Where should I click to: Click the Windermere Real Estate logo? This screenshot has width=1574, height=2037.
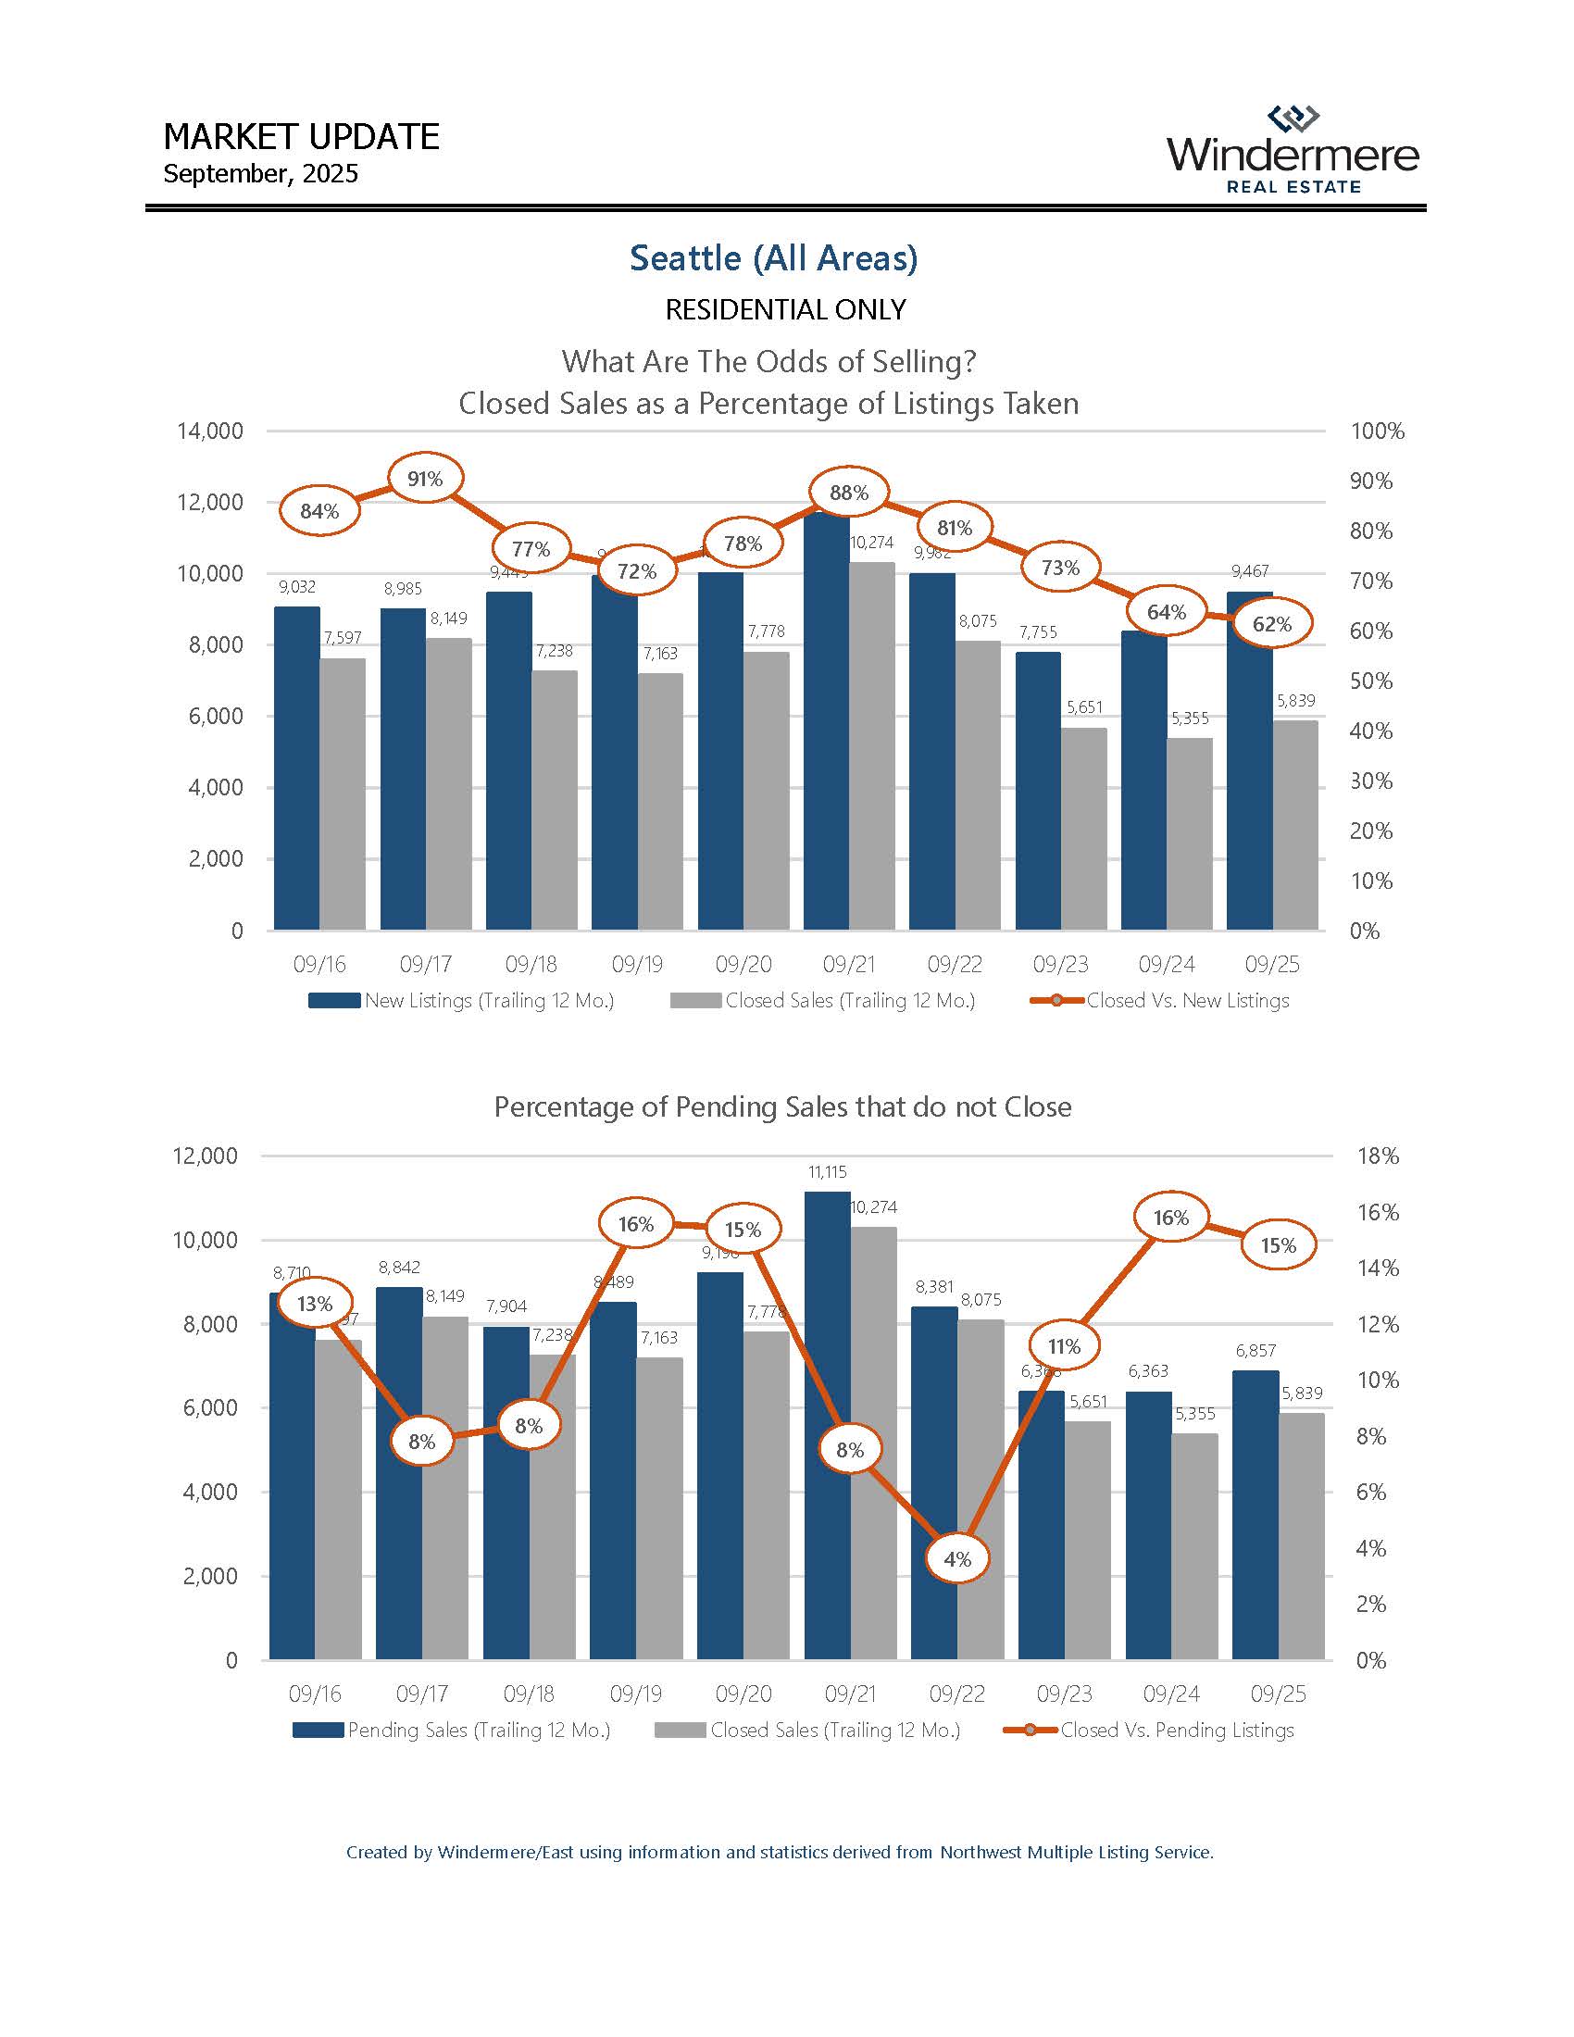pos(1293,151)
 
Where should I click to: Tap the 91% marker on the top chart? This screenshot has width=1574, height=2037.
pos(425,479)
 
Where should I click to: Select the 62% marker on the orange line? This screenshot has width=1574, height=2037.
pos(1272,623)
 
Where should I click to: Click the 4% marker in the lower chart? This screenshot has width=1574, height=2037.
pos(957,1558)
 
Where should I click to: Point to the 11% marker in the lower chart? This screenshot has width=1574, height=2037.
pos(1064,1346)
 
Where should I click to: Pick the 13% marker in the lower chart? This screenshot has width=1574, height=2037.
pos(315,1303)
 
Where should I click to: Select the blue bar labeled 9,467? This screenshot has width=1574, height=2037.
pos(1250,760)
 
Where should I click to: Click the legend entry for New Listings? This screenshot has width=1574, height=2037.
pos(462,1001)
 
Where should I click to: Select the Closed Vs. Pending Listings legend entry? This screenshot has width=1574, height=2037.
pos(1149,1731)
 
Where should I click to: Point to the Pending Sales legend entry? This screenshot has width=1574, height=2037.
pos(451,1731)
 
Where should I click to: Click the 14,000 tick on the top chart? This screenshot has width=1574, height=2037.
pos(210,431)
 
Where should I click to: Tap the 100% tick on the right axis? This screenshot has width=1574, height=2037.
pos(1378,431)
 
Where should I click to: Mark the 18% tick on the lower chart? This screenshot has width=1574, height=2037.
pos(1378,1156)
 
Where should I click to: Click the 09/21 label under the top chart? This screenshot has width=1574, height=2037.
pos(848,964)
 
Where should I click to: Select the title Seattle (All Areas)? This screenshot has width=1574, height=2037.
pos(774,258)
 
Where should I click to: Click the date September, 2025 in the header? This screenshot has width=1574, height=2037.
pos(260,174)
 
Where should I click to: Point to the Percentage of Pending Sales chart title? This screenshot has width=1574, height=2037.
pos(782,1107)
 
